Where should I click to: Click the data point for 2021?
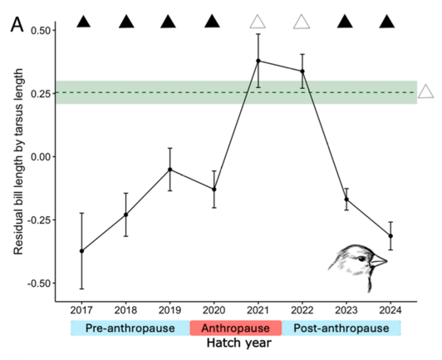(258, 61)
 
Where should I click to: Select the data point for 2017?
(81, 251)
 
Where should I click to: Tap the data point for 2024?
(390, 236)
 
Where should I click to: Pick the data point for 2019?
(170, 170)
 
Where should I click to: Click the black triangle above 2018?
(126, 22)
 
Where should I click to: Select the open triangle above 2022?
(302, 22)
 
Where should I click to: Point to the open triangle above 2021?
(258, 22)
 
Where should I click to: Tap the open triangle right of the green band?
(425, 91)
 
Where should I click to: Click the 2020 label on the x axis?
(214, 309)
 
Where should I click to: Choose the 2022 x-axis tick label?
(302, 309)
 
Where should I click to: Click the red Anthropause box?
(236, 328)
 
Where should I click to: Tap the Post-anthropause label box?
(341, 328)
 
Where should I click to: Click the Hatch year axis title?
(236, 342)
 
